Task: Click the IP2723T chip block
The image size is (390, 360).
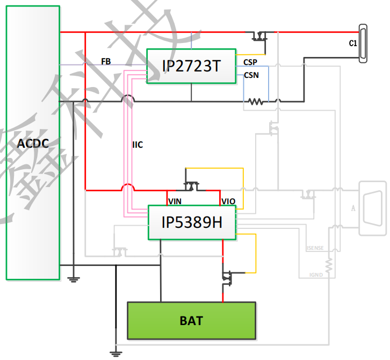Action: click(x=191, y=66)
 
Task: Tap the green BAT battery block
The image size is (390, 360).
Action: click(x=191, y=321)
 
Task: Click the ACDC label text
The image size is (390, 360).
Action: click(x=33, y=143)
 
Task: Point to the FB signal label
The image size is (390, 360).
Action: click(x=106, y=62)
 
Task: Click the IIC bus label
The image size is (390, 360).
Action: click(x=138, y=145)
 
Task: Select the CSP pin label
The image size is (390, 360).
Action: click(x=250, y=62)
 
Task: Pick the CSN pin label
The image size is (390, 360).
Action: click(x=251, y=75)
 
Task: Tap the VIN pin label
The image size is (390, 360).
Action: click(x=175, y=201)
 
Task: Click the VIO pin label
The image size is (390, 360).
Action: click(x=228, y=201)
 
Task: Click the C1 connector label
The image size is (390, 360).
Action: click(x=353, y=44)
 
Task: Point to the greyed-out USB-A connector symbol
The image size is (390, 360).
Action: click(x=372, y=208)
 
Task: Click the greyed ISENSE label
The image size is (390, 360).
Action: click(x=314, y=248)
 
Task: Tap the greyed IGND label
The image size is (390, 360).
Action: click(x=316, y=275)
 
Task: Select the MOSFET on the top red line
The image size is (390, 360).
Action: click(x=260, y=35)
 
